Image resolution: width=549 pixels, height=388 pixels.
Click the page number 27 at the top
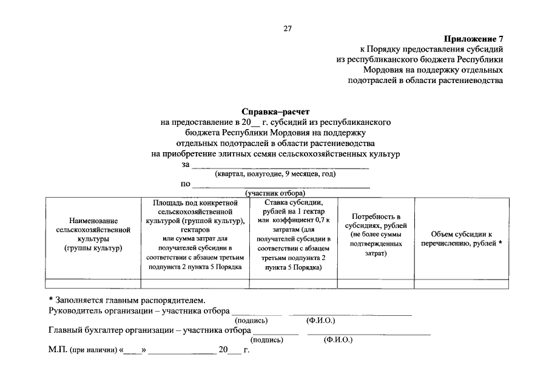coord(288,28)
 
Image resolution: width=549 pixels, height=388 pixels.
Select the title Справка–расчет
coord(275,112)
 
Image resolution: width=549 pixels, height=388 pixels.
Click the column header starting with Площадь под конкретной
coord(194,234)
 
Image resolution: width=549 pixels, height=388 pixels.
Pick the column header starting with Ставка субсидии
coord(293,234)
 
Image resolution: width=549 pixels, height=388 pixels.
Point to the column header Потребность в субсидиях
coord(376,234)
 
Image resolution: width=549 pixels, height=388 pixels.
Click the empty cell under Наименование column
coord(93,283)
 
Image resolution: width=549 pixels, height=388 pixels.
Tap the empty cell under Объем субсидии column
coord(461,283)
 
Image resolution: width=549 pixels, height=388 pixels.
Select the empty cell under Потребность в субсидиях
coord(376,283)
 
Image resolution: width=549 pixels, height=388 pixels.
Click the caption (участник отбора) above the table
coord(275,193)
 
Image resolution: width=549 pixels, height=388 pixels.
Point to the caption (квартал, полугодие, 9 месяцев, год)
coord(275,175)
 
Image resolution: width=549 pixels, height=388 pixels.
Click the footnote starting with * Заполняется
coord(127,300)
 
